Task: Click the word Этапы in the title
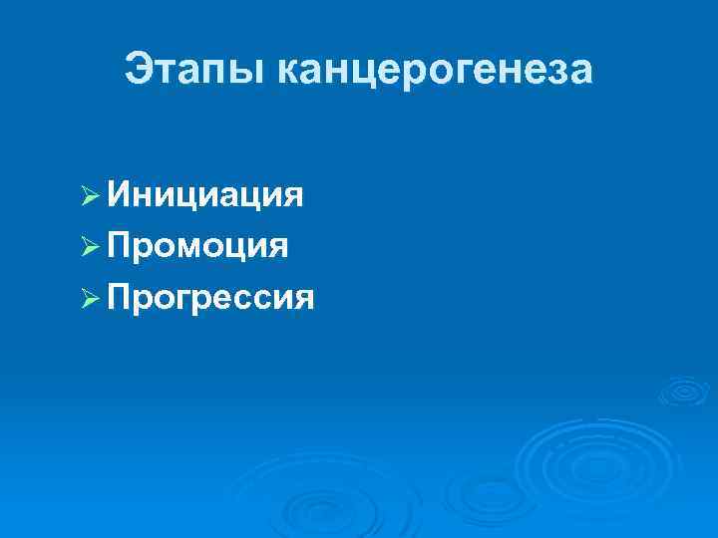(x=193, y=70)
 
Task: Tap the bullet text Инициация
(x=205, y=194)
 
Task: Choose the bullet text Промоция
(x=198, y=245)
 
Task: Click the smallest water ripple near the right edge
(x=683, y=391)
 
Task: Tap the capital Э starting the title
(x=139, y=70)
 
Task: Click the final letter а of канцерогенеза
(x=580, y=73)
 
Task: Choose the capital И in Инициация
(x=120, y=194)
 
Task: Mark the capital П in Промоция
(x=120, y=245)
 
